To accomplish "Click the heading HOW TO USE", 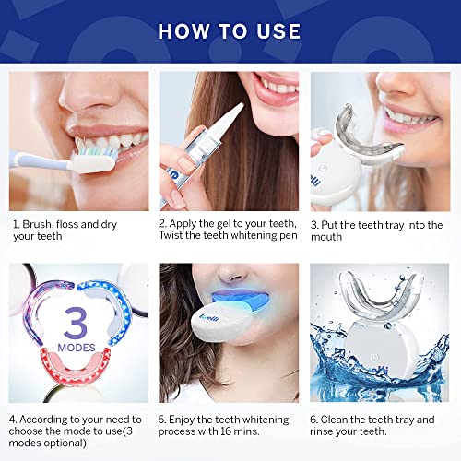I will (x=230, y=30).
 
